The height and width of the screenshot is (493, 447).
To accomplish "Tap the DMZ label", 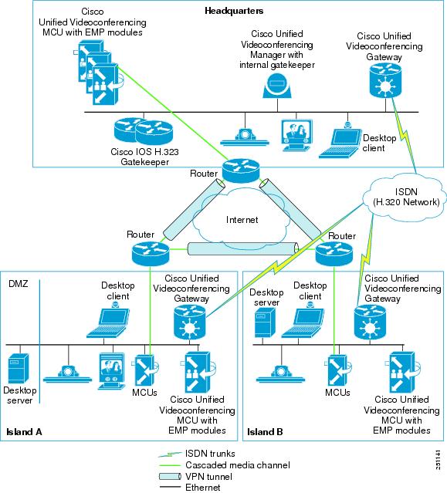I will [18, 285].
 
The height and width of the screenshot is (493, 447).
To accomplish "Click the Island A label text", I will [23, 431].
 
